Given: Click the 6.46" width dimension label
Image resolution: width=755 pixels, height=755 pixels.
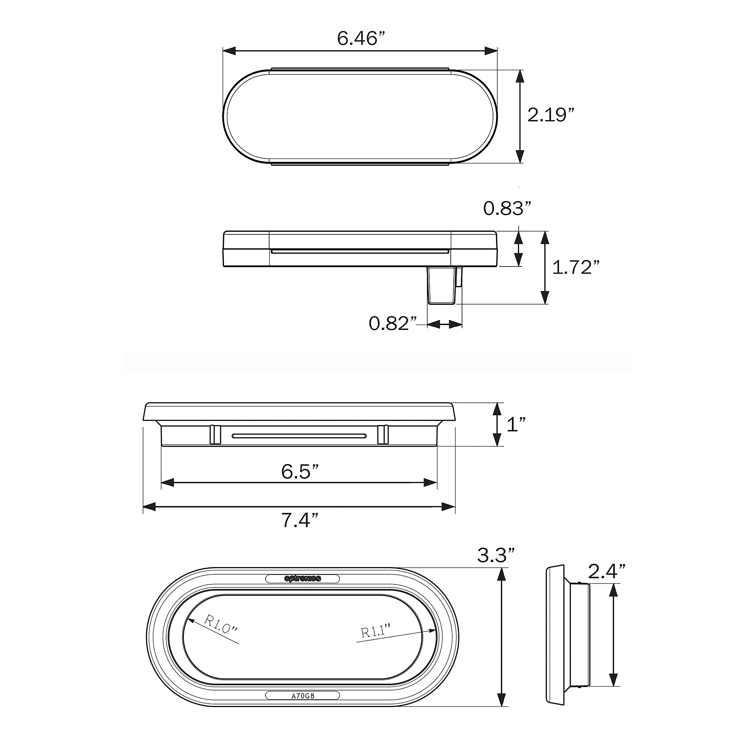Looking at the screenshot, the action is (x=361, y=38).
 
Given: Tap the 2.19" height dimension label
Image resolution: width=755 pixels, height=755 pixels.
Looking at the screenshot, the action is (x=551, y=115).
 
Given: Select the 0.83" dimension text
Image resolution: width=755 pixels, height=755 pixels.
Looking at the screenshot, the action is (x=507, y=208).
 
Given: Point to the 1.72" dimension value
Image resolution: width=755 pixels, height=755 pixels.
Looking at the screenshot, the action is (x=576, y=267).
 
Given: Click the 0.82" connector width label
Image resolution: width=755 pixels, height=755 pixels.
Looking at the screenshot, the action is (x=393, y=323).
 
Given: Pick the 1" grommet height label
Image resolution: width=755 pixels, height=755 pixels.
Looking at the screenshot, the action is (x=516, y=424).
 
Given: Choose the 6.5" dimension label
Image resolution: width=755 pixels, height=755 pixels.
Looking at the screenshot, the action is (x=300, y=471).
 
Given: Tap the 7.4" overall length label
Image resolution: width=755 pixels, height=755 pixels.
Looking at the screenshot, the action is (x=300, y=520).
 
